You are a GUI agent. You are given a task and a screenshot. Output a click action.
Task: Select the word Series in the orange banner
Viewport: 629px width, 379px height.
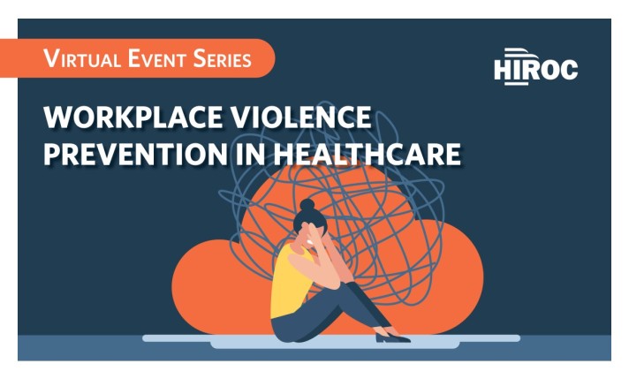click(x=224, y=60)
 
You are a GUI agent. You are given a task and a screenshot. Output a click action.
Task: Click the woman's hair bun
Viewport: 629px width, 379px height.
click(x=307, y=206)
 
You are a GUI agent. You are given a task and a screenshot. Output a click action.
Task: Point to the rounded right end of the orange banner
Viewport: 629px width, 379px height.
click(x=264, y=59)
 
